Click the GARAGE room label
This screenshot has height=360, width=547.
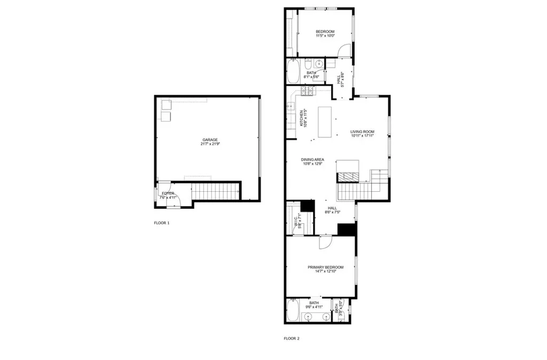(x=210, y=139)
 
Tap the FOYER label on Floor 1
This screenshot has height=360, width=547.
(x=168, y=193)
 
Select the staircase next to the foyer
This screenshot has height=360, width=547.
(x=214, y=191)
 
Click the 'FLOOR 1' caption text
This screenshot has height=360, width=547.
(x=161, y=223)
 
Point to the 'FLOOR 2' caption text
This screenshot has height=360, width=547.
(x=291, y=338)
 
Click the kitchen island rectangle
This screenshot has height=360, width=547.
(x=325, y=122)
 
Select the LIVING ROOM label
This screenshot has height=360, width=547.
(x=362, y=131)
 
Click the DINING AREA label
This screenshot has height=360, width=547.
(x=312, y=159)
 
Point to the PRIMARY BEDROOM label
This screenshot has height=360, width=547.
(x=325, y=267)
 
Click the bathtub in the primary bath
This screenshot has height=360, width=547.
(x=293, y=311)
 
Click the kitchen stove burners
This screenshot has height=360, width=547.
(x=308, y=92)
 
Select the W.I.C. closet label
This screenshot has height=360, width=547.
(x=295, y=221)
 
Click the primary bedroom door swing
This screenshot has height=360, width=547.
(x=325, y=242)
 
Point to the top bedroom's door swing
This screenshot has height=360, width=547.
(x=345, y=51)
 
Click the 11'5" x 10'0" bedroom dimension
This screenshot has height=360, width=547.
(x=325, y=36)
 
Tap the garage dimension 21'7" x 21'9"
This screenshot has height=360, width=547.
(x=210, y=144)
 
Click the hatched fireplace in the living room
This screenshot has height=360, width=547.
(x=348, y=178)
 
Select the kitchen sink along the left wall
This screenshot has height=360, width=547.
(x=291, y=106)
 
